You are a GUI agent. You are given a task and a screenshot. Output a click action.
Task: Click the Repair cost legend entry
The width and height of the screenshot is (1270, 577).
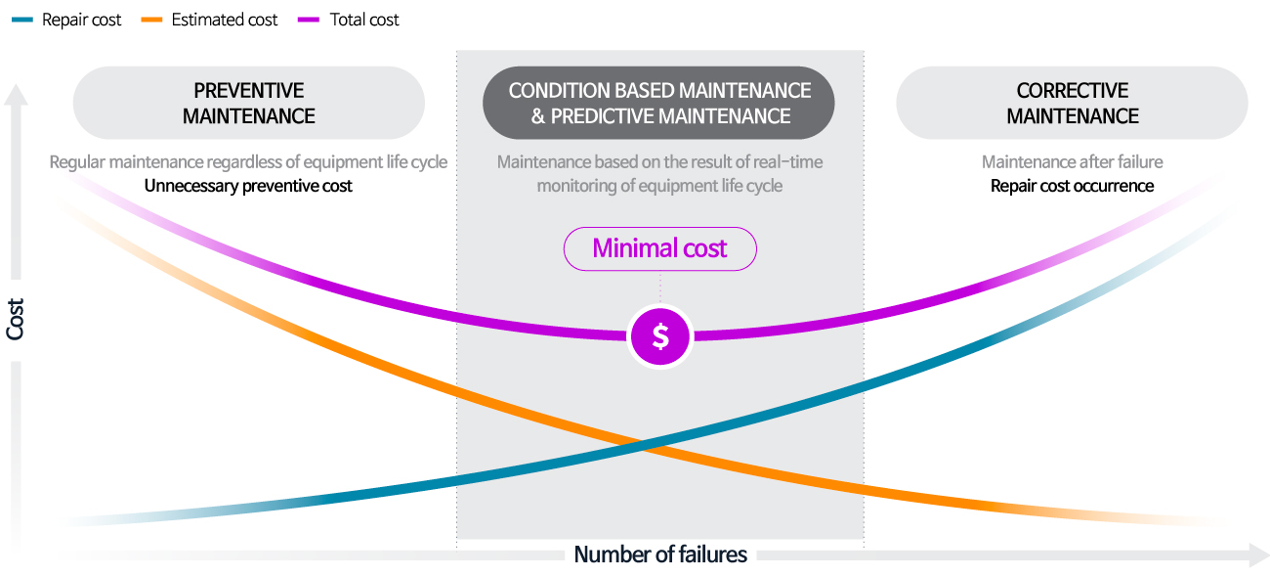tap(66, 20)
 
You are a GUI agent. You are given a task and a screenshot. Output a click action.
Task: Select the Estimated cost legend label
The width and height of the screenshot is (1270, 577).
tap(225, 20)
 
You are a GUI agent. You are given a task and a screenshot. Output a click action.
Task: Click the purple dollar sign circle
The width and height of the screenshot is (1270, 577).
tap(660, 336)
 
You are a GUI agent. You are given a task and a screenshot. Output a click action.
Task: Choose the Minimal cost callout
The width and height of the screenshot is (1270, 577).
tap(660, 248)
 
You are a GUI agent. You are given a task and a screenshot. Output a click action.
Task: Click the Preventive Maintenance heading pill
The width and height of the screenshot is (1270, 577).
tap(249, 103)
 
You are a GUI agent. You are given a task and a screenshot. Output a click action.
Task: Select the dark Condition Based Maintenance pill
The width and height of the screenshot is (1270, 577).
tap(658, 103)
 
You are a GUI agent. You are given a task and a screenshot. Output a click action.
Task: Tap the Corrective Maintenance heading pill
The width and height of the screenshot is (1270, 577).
tap(1072, 103)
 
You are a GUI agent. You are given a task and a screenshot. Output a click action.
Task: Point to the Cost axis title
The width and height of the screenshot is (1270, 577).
tap(15, 320)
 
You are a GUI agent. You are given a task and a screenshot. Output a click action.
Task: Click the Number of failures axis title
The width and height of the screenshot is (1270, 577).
tap(660, 555)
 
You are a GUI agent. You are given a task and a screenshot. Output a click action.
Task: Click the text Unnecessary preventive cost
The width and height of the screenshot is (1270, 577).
tap(248, 186)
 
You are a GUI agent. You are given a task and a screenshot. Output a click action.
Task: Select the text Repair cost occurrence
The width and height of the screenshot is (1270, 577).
tap(1072, 186)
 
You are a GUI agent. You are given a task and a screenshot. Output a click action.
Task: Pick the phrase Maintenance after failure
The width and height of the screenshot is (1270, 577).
tap(1072, 162)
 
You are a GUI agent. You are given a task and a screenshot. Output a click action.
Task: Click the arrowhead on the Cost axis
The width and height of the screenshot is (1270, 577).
tap(16, 94)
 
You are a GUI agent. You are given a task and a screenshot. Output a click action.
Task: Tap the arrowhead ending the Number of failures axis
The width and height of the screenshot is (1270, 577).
tap(1258, 555)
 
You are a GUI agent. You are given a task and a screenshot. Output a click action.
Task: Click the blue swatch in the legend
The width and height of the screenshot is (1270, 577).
tap(22, 20)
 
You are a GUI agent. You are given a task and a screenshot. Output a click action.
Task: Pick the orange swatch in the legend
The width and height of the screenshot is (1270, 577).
tap(152, 20)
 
